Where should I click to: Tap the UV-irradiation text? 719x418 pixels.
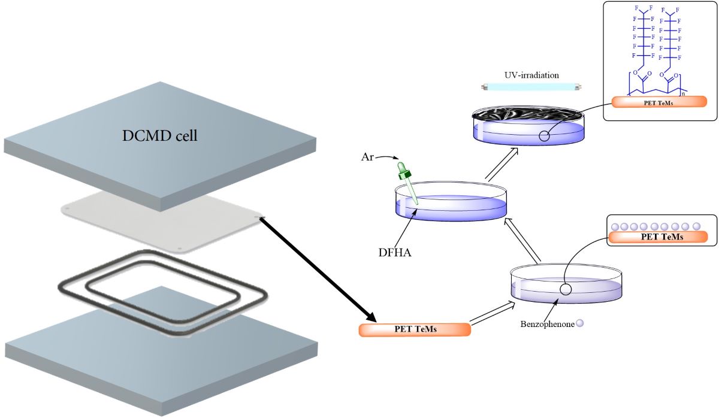pos(531,76)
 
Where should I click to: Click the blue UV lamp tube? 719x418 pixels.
pos(531,87)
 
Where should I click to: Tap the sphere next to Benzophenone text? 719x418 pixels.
pos(579,324)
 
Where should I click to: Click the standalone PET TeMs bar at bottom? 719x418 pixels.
pos(414,329)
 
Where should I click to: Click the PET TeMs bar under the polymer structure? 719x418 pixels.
pos(660,101)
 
